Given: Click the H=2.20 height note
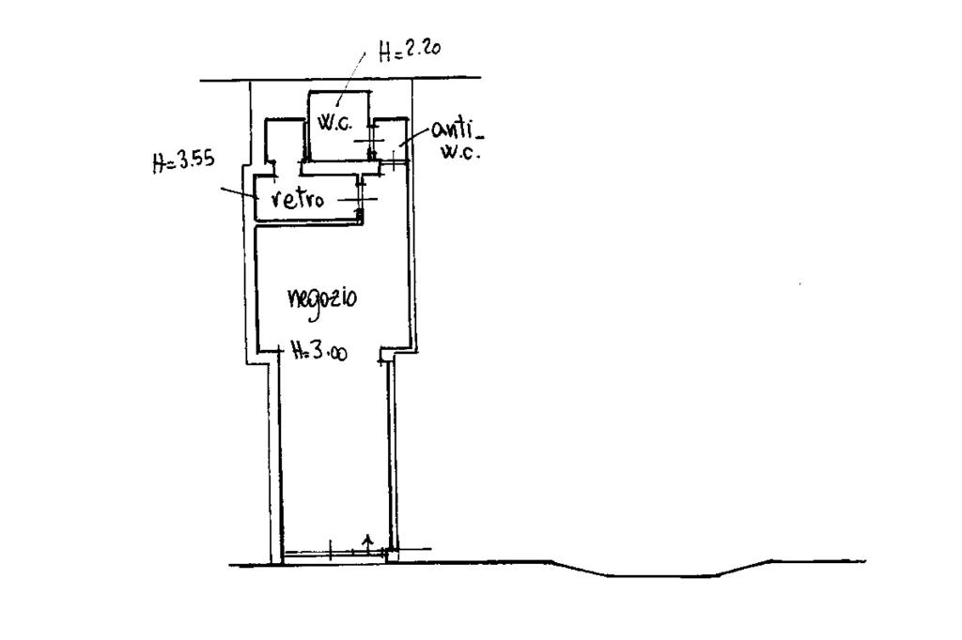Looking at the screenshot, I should tap(409, 53).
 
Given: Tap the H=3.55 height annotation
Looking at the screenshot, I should tap(183, 160).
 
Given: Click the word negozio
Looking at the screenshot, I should tap(322, 298).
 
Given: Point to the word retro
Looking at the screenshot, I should tap(298, 199).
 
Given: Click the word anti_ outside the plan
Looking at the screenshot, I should tap(455, 131).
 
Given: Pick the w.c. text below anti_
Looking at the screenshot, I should tap(459, 153).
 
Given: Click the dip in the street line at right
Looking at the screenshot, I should tap(658, 573).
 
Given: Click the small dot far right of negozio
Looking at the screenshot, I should tap(799, 283).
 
